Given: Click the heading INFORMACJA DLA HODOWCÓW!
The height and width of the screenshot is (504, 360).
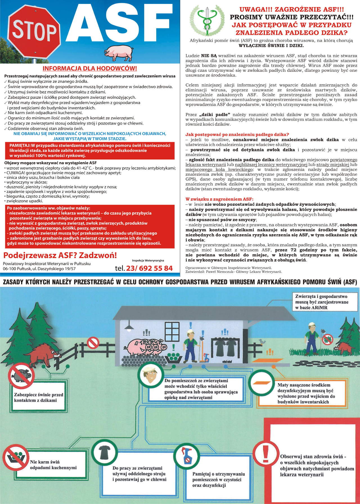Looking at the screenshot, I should coord(90,68).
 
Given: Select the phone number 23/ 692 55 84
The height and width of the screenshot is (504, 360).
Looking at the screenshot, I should coord(149,268).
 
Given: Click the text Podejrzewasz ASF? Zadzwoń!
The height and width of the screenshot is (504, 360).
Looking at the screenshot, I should coord(60,255).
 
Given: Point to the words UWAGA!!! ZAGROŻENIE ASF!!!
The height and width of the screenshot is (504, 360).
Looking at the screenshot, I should coord(291,10).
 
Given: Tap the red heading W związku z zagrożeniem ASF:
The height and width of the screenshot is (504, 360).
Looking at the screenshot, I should coord(219,199).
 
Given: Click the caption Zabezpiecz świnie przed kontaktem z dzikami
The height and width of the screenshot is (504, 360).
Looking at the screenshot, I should coord(39,397).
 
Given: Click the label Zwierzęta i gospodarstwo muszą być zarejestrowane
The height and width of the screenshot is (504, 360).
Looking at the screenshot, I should coord(321,302).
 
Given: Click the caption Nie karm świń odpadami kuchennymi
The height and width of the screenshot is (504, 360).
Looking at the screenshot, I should coord(53,465).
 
